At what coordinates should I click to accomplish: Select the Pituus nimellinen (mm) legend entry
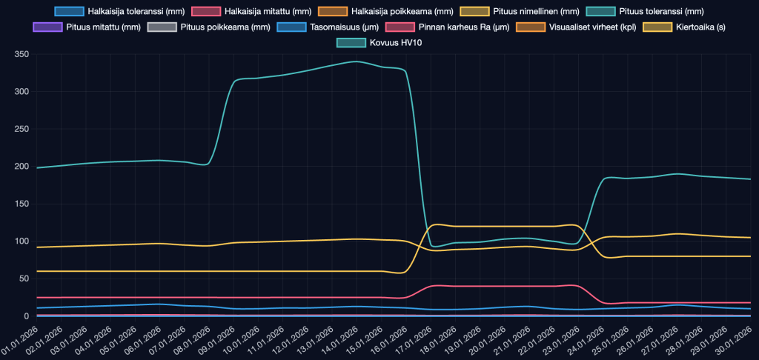click(526, 12)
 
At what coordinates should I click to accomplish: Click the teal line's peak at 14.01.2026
click(357, 61)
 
